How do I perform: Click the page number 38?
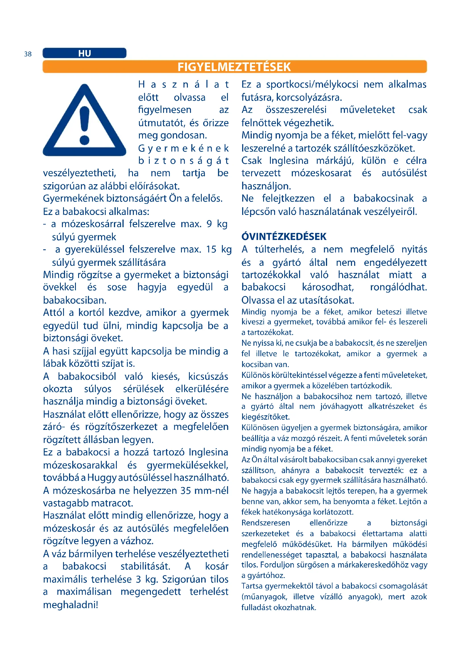pyautogui.click(x=28, y=54)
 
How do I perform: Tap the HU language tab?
pyautogui.click(x=84, y=53)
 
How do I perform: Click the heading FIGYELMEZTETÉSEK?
pyautogui.click(x=234, y=67)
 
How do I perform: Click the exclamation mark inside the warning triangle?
pyautogui.click(x=84, y=125)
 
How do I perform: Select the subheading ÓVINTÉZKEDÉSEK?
pyautogui.click(x=284, y=237)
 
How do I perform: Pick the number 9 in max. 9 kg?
pyautogui.click(x=209, y=224)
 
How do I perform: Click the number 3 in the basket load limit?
pyautogui.click(x=138, y=579)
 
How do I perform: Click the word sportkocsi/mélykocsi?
pyautogui.click(x=312, y=84)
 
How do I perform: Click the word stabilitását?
pyautogui.click(x=145, y=566)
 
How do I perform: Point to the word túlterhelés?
pyautogui.click(x=279, y=249)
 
